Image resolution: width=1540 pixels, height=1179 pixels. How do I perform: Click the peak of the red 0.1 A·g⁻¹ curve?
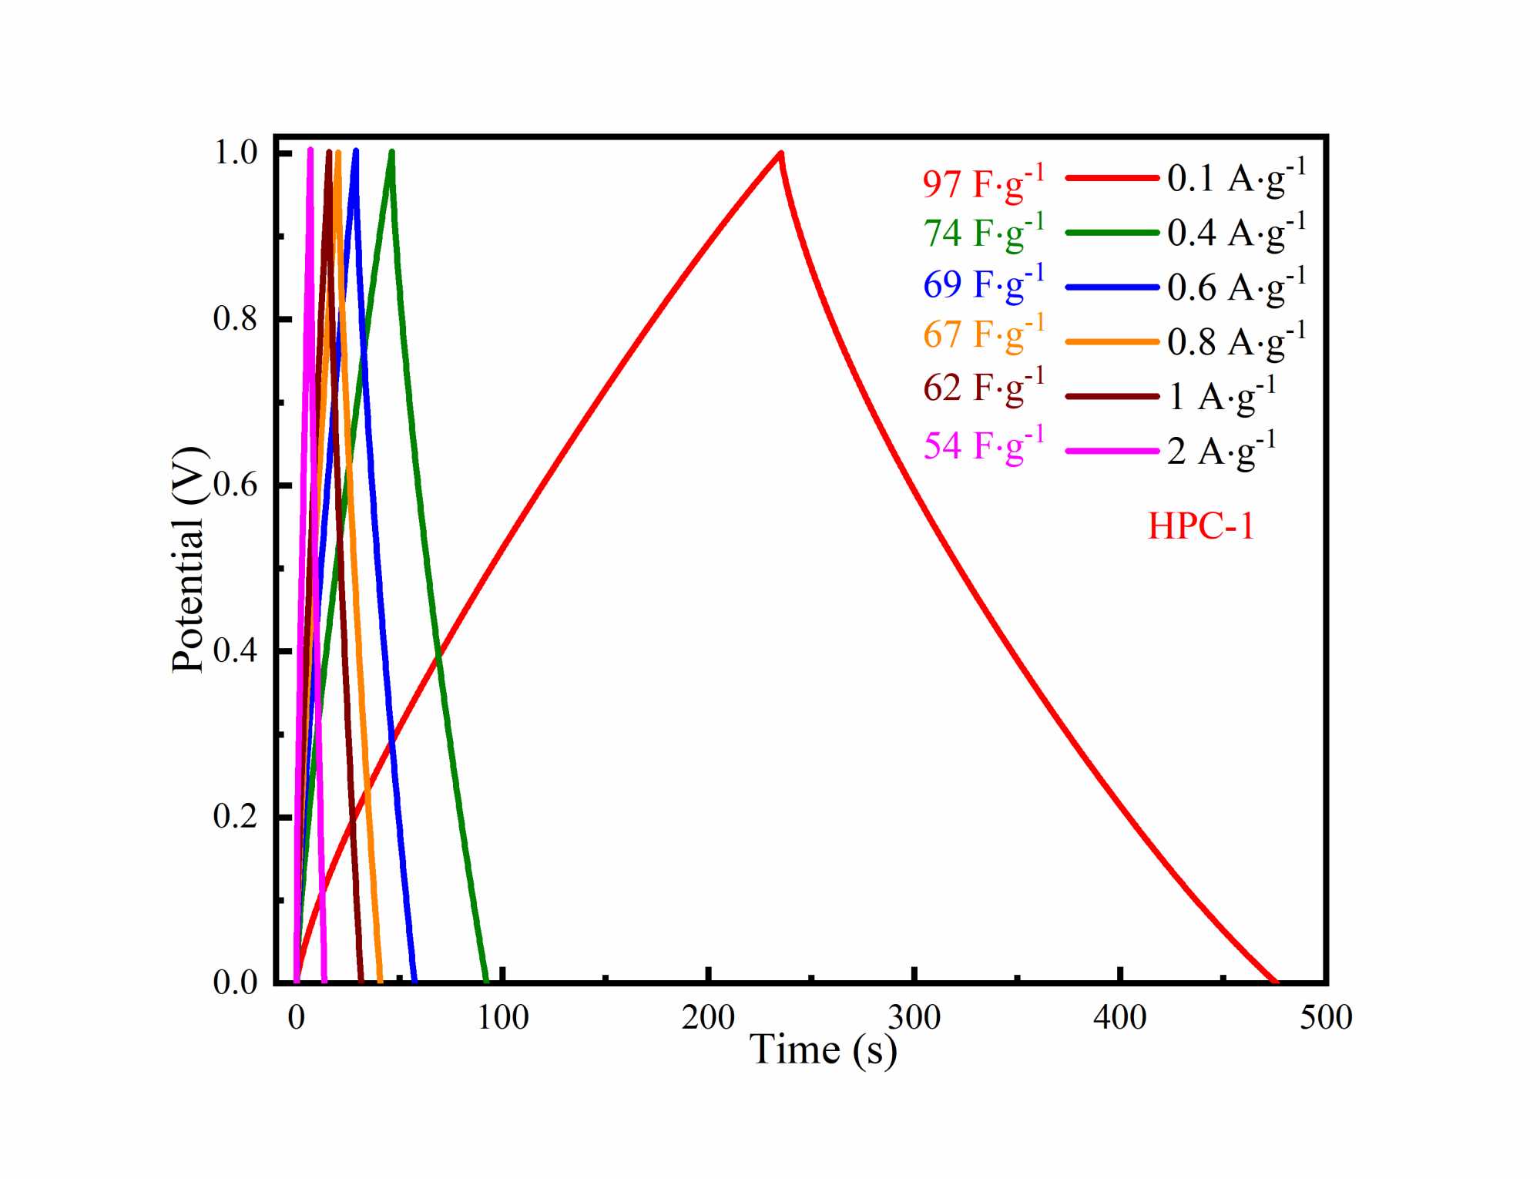[781, 153]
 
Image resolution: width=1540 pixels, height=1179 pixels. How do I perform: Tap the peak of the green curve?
[391, 152]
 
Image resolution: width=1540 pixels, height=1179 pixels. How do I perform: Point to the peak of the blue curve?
[355, 150]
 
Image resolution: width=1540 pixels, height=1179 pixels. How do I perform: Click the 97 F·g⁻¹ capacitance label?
[983, 183]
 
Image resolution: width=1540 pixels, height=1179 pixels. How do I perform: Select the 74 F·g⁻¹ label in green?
[983, 232]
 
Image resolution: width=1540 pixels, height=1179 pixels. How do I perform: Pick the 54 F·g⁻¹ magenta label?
[983, 445]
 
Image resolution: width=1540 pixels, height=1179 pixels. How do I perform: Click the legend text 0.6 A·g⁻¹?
[1236, 287]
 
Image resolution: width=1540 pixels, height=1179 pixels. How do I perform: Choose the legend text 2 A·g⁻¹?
[1221, 451]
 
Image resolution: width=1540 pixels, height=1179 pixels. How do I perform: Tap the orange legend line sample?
[1112, 341]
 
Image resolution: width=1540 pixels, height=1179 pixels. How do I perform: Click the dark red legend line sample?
[1112, 396]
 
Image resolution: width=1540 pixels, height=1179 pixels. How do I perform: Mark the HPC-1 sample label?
[1201, 526]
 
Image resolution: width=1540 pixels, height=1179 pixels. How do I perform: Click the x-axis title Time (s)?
[823, 1050]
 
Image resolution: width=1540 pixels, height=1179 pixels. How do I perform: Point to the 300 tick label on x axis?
[914, 1018]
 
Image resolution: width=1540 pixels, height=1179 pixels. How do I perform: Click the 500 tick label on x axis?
[1325, 1018]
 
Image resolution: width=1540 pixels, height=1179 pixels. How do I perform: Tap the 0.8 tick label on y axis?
[235, 318]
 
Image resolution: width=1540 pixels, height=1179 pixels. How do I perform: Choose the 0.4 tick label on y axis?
[235, 650]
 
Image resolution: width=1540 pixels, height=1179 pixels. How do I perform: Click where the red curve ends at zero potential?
[1275, 981]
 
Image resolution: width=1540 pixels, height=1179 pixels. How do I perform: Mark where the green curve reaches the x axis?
[486, 981]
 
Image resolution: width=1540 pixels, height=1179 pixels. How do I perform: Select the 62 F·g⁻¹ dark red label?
[983, 388]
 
